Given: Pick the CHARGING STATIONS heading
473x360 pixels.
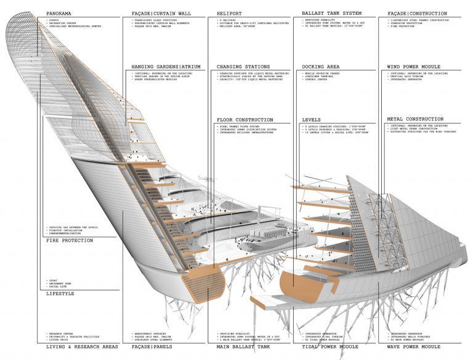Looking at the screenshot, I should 244,67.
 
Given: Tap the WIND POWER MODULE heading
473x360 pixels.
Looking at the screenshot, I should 416,67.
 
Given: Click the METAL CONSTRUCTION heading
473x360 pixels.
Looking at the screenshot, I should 415,119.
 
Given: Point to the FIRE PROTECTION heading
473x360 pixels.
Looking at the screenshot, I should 70,240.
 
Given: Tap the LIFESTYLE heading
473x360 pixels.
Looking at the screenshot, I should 60,293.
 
